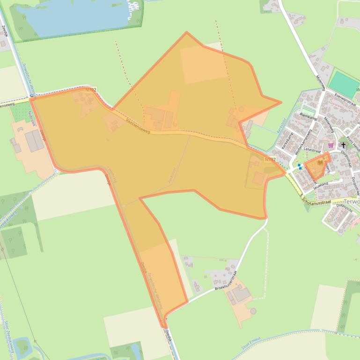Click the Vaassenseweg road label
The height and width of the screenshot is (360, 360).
click(x=138, y=126)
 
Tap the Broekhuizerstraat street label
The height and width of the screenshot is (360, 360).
click(x=227, y=281)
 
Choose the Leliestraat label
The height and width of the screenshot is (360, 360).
click(x=312, y=151)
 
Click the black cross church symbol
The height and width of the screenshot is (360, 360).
click(x=343, y=145)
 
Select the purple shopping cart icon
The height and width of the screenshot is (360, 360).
click(x=331, y=145)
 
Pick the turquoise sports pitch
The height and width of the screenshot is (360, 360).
click(x=344, y=84)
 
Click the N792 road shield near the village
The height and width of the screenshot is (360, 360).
click(x=270, y=159)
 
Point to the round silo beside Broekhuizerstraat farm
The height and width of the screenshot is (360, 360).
click(x=253, y=311)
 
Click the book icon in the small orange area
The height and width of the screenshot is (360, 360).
click(x=320, y=162)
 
